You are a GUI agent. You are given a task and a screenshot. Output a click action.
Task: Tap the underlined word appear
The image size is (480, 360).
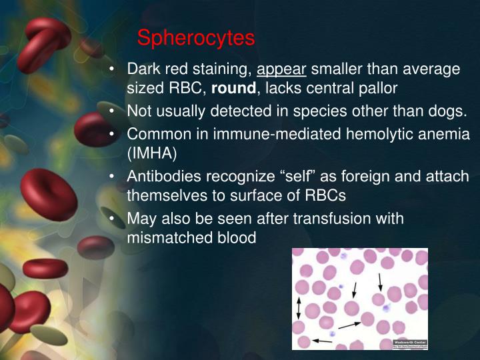click(281, 69)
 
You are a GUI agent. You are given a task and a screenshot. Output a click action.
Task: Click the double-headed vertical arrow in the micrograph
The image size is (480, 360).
click(299, 309)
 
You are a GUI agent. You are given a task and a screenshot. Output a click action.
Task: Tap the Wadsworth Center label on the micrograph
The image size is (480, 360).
click(409, 341)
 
